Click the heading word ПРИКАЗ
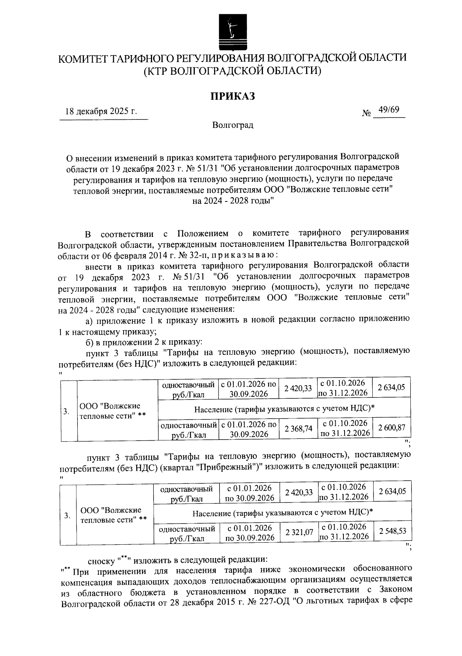pos(232,96)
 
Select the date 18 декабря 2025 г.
pos(101,112)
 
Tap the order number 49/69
pos(388,110)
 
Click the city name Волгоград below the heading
pos(233,125)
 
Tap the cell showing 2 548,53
pos(392,532)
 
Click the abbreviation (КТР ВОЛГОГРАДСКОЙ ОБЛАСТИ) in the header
pos(232,71)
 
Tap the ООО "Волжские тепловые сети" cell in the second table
pos(113,515)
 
